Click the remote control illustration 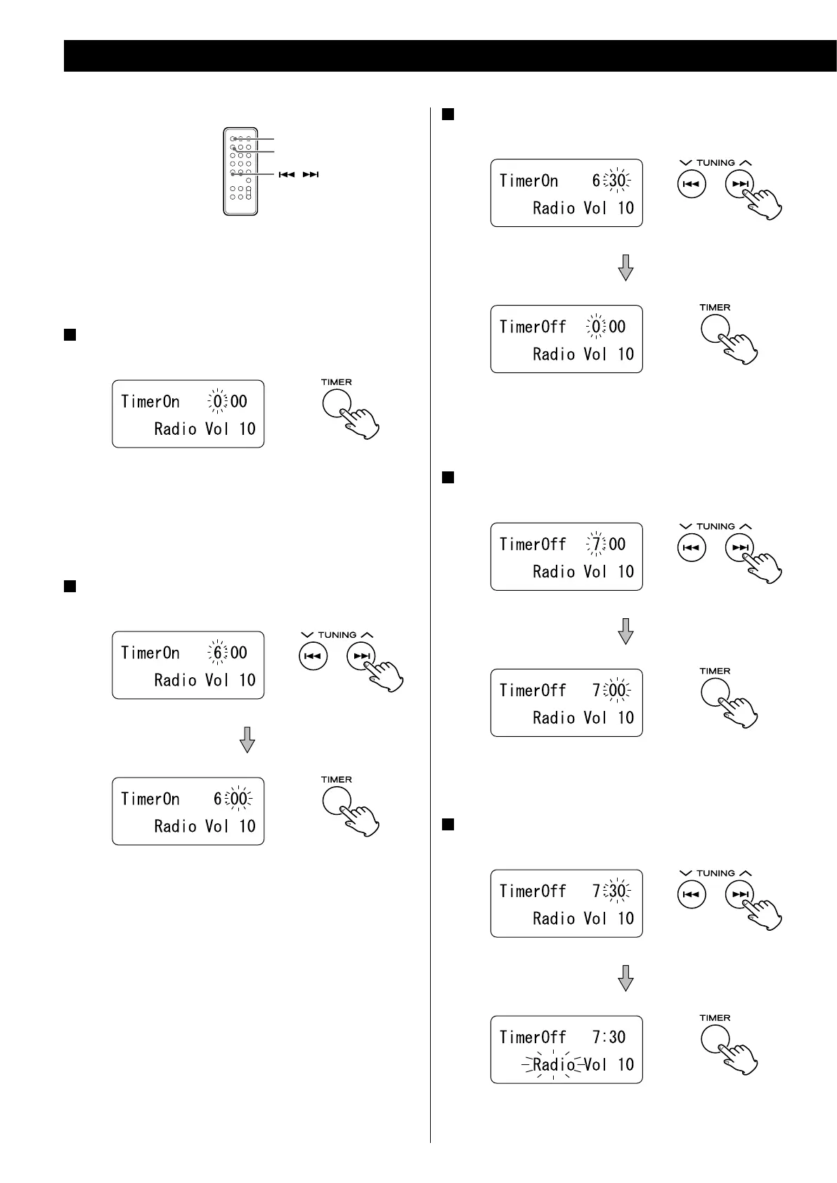point(240,171)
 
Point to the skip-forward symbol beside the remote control point(311,174)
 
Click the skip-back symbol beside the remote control point(286,174)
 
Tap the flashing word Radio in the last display point(554,1064)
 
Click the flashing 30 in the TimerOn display point(617,181)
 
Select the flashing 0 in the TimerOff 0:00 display point(596,327)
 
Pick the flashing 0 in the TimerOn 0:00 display point(218,402)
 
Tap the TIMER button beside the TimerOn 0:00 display point(336,404)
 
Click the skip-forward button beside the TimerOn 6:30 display point(740,185)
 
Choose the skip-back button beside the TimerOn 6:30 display point(692,185)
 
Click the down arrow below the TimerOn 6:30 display point(625,267)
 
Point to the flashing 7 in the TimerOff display point(596,544)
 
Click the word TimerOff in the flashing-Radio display point(533,1037)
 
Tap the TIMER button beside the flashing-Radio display point(715,1040)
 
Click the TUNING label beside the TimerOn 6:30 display point(715,163)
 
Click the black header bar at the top point(450,55)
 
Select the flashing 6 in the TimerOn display point(218,653)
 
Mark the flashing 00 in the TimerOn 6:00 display point(239,799)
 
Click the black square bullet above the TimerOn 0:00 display point(70,335)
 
